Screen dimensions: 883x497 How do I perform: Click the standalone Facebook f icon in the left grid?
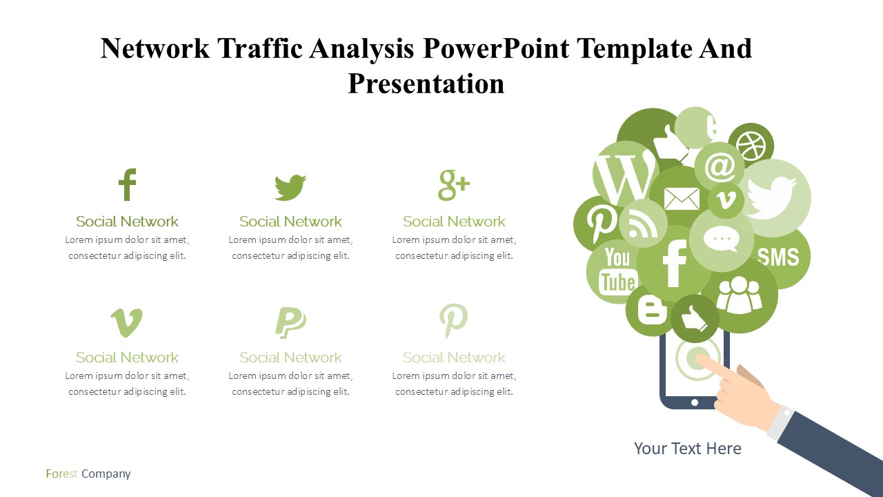128,184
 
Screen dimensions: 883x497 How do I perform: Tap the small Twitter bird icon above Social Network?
290,187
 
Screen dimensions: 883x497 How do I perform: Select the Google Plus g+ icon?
454,186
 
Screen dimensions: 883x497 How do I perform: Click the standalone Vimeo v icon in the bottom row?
126,322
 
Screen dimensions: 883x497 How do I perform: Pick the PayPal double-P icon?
290,322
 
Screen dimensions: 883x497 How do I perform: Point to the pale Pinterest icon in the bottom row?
454,321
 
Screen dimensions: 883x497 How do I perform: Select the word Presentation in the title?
426,84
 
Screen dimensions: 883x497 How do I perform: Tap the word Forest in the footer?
61,474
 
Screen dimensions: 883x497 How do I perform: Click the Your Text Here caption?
688,449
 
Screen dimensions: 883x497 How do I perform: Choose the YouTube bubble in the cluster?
616,272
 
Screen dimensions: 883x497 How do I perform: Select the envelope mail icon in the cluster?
682,199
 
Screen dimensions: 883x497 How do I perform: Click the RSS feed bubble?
643,224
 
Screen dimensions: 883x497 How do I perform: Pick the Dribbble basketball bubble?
751,145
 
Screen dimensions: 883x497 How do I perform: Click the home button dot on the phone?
695,402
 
